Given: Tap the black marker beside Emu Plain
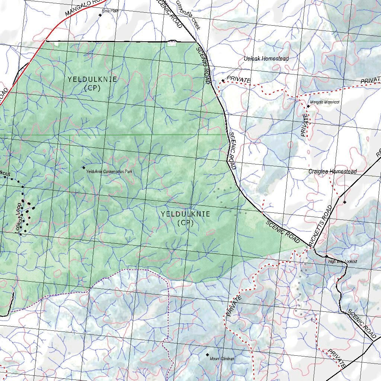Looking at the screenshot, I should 100,15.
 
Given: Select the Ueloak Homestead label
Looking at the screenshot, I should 266,58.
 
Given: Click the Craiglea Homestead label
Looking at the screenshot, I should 332,171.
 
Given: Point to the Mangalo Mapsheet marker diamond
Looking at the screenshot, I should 308,106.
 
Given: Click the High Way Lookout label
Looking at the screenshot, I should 342,262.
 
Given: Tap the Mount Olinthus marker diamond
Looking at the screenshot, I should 207,355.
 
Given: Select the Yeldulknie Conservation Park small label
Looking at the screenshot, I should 109,172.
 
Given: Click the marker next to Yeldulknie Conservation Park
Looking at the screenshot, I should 84,168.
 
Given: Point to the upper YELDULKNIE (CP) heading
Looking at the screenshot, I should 92,83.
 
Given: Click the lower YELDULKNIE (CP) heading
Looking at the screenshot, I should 185,218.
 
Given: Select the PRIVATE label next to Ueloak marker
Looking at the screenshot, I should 238,80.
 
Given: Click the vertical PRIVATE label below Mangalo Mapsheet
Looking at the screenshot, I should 304,125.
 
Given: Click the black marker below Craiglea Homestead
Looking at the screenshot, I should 345,202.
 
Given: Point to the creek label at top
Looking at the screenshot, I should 189,15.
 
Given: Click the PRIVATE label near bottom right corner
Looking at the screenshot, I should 337,358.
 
